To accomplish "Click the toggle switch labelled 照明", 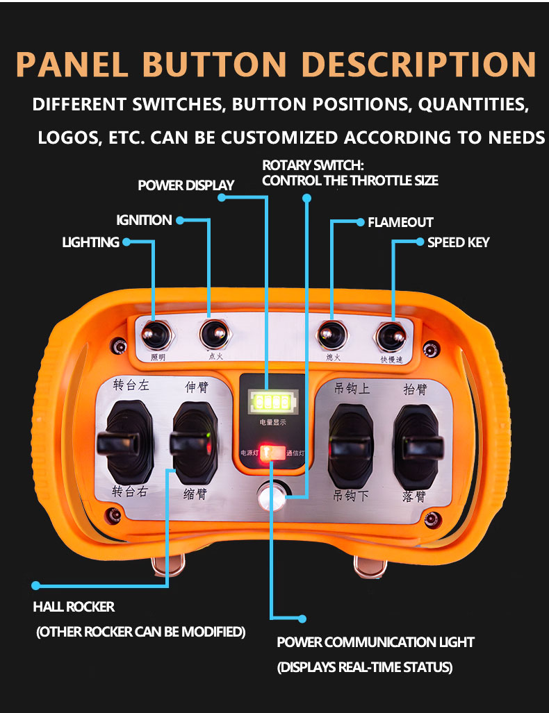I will (156, 336).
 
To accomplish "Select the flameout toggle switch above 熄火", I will (331, 335).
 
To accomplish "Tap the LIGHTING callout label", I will (90, 242).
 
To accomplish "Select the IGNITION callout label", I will (144, 221).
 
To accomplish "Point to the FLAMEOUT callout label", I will (400, 223).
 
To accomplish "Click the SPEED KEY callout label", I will (458, 242).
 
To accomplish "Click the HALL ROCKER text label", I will (74, 607).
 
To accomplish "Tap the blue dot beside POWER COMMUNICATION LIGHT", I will (302, 618).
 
